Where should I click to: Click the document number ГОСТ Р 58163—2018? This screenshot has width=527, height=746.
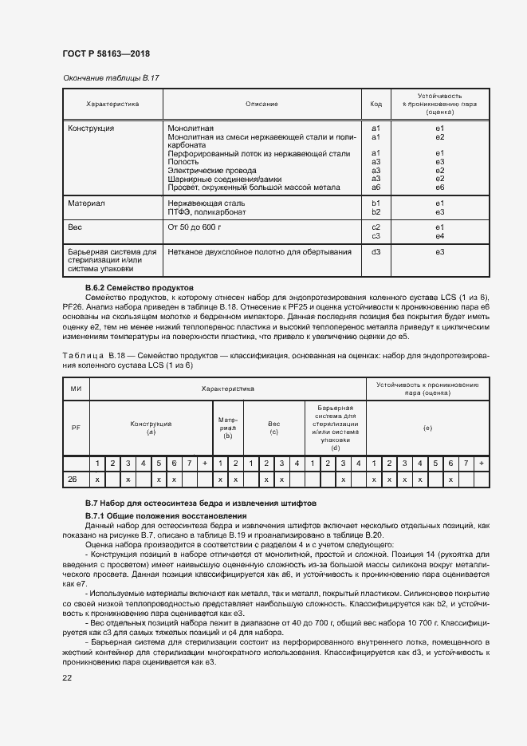pos(106,53)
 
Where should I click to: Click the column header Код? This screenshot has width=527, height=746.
pos(376,104)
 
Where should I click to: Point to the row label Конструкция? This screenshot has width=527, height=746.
pos(91,128)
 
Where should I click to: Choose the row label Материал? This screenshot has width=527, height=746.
pos(86,203)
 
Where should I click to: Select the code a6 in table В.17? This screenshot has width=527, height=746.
pos(376,187)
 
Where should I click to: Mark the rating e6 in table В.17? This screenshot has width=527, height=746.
pos(439,187)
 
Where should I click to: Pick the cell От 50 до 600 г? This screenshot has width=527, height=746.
pos(195,227)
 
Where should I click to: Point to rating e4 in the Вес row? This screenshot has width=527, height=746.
pos(439,236)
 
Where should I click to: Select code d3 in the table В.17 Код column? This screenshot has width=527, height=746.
pos(376,252)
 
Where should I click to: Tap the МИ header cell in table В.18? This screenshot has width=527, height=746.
pos(77,389)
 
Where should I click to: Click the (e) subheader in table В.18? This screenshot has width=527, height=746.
pos(427,428)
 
